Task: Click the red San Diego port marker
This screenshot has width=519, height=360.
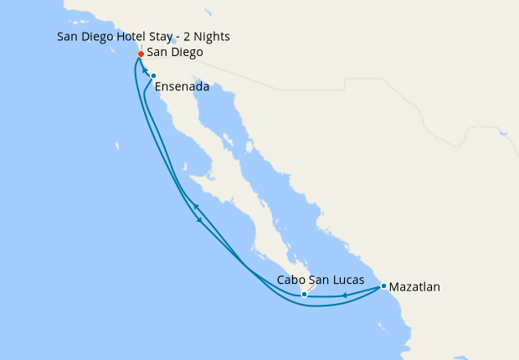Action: pyautogui.click(x=141, y=54)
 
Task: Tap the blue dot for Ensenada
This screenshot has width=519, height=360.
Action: pyautogui.click(x=153, y=76)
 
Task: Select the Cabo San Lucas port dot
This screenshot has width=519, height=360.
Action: pyautogui.click(x=304, y=295)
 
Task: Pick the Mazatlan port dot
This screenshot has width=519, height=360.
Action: pyautogui.click(x=383, y=286)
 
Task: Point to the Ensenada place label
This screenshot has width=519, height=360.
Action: pyautogui.click(x=182, y=85)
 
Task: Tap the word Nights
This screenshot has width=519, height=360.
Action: pyautogui.click(x=211, y=37)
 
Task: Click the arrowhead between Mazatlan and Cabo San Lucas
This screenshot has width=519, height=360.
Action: pyautogui.click(x=345, y=294)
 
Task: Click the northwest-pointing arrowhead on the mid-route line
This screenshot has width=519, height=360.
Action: pyautogui.click(x=194, y=205)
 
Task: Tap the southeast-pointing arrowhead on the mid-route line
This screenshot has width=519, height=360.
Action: pyautogui.click(x=199, y=221)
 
